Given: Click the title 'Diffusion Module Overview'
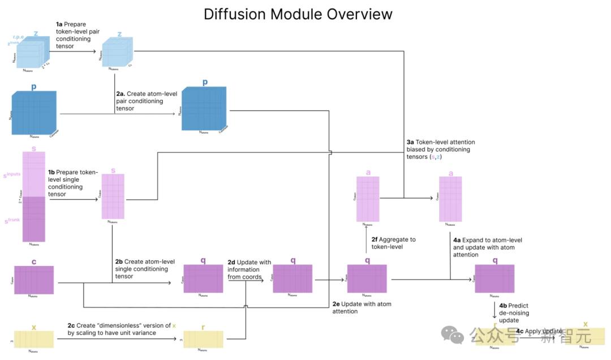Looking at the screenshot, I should (x=298, y=14).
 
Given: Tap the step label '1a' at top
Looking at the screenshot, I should (x=59, y=24).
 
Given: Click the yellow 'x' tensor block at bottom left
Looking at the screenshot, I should (x=34, y=339).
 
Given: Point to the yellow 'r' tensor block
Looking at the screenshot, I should (x=204, y=339).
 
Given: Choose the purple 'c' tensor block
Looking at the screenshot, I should (x=34, y=280).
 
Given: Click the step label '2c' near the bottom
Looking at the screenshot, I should (x=72, y=325).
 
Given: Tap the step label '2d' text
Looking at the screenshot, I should (x=231, y=263).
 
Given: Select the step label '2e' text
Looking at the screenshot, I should (x=336, y=304).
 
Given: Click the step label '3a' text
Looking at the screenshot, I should (x=410, y=142).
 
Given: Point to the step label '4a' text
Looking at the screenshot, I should (x=457, y=240).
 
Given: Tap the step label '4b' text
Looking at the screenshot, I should (x=503, y=306).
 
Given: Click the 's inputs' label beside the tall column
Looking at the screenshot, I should (x=12, y=174).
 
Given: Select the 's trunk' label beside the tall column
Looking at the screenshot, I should (x=12, y=220).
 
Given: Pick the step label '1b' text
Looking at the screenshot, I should (x=51, y=172).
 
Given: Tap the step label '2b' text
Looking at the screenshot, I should (x=119, y=262).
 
